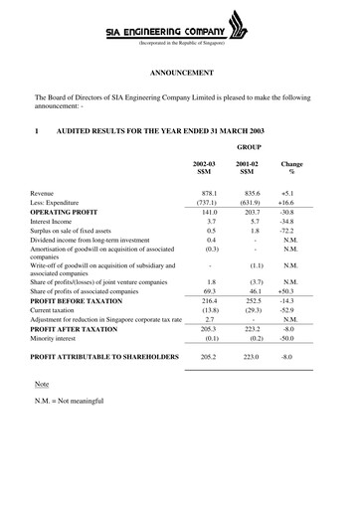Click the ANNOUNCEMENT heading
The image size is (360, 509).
tap(180, 75)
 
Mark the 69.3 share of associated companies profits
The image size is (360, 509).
tap(207, 290)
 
